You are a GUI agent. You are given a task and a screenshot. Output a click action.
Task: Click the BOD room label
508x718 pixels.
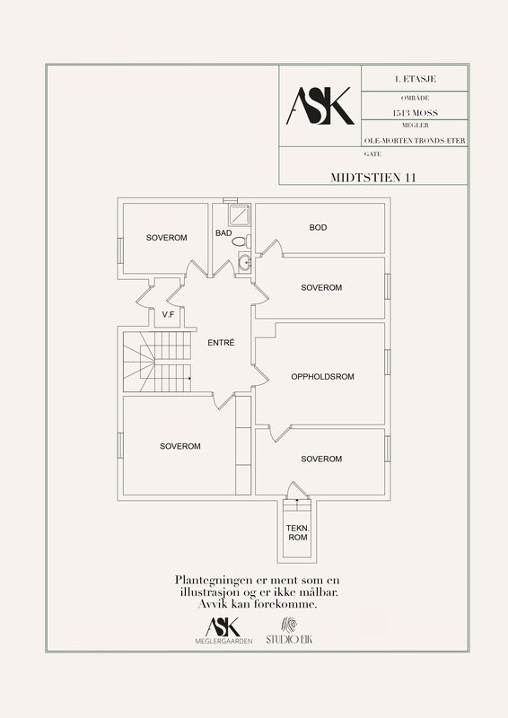point(318,228)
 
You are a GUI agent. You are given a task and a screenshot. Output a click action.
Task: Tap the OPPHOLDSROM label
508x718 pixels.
point(323,377)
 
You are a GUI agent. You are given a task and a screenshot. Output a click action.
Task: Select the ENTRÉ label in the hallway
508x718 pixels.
point(221,343)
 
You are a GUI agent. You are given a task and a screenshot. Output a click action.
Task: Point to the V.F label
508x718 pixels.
point(168,315)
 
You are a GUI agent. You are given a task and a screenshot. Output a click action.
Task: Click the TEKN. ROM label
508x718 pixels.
point(298,532)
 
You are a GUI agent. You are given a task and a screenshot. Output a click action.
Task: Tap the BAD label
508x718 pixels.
point(223,233)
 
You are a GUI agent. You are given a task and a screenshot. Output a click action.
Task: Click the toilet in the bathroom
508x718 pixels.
point(241,241)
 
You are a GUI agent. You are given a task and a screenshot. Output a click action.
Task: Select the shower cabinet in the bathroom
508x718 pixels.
point(240,215)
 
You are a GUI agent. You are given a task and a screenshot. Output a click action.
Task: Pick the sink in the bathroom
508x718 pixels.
point(245,263)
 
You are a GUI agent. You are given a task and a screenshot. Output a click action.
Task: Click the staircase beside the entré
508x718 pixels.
point(157,362)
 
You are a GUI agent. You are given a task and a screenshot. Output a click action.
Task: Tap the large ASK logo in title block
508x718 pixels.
point(320,106)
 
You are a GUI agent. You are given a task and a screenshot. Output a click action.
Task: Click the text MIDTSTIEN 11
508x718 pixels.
point(373,178)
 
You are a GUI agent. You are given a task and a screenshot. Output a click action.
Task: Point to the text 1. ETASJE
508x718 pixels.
point(416,79)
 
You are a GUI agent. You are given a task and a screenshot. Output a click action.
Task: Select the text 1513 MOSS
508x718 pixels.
point(415,113)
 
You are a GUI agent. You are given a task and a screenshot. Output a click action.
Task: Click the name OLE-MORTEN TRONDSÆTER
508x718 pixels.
point(415,141)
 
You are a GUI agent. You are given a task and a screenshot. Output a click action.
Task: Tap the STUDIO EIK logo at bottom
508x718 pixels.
point(289,631)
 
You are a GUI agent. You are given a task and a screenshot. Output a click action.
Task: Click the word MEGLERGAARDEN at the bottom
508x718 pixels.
point(223,641)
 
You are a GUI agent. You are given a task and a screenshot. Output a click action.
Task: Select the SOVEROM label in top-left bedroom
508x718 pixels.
point(166,238)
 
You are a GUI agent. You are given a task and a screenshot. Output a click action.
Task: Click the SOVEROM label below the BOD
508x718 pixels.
point(321,287)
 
